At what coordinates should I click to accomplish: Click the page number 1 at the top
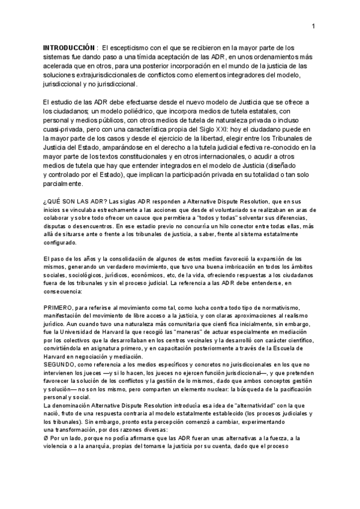coord(313,26)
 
